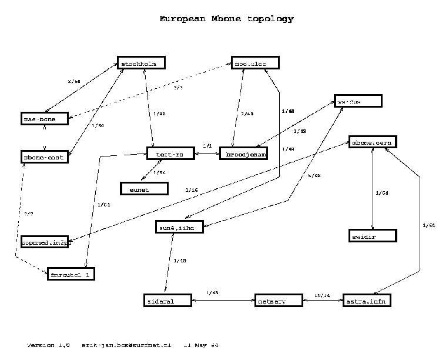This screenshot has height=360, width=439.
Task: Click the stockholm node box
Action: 140,63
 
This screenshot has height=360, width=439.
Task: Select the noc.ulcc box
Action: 254,63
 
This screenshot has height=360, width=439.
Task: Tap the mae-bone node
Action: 44,118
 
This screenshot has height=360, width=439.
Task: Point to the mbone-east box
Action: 44,157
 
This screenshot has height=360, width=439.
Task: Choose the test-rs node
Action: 170,154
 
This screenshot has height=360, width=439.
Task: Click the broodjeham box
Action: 243,154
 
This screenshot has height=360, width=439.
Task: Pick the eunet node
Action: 144,188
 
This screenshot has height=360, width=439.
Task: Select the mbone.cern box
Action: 373,142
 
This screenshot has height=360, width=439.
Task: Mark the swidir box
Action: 373,236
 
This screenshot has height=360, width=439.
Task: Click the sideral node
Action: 167,301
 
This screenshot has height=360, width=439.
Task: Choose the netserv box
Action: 278,301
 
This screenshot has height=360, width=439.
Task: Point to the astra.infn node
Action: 366,301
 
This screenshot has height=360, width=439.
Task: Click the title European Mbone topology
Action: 226,19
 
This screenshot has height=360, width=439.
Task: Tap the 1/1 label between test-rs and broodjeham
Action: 207,145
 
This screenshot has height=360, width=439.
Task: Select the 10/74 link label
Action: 322,295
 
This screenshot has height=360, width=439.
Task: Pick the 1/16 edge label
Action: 191,190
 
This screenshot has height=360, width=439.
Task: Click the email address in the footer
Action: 126,345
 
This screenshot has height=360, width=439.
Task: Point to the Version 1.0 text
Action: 49,345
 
